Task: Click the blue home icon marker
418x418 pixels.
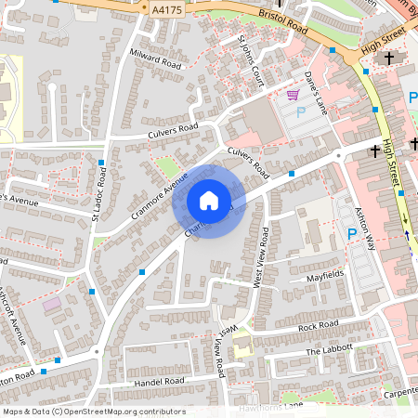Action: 209,201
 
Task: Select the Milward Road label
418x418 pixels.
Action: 156,59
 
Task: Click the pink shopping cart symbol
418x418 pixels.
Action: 293,95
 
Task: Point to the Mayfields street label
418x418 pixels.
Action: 325,276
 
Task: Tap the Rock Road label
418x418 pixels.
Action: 317,326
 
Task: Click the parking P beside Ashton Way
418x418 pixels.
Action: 352,235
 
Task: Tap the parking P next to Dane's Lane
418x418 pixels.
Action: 300,112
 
